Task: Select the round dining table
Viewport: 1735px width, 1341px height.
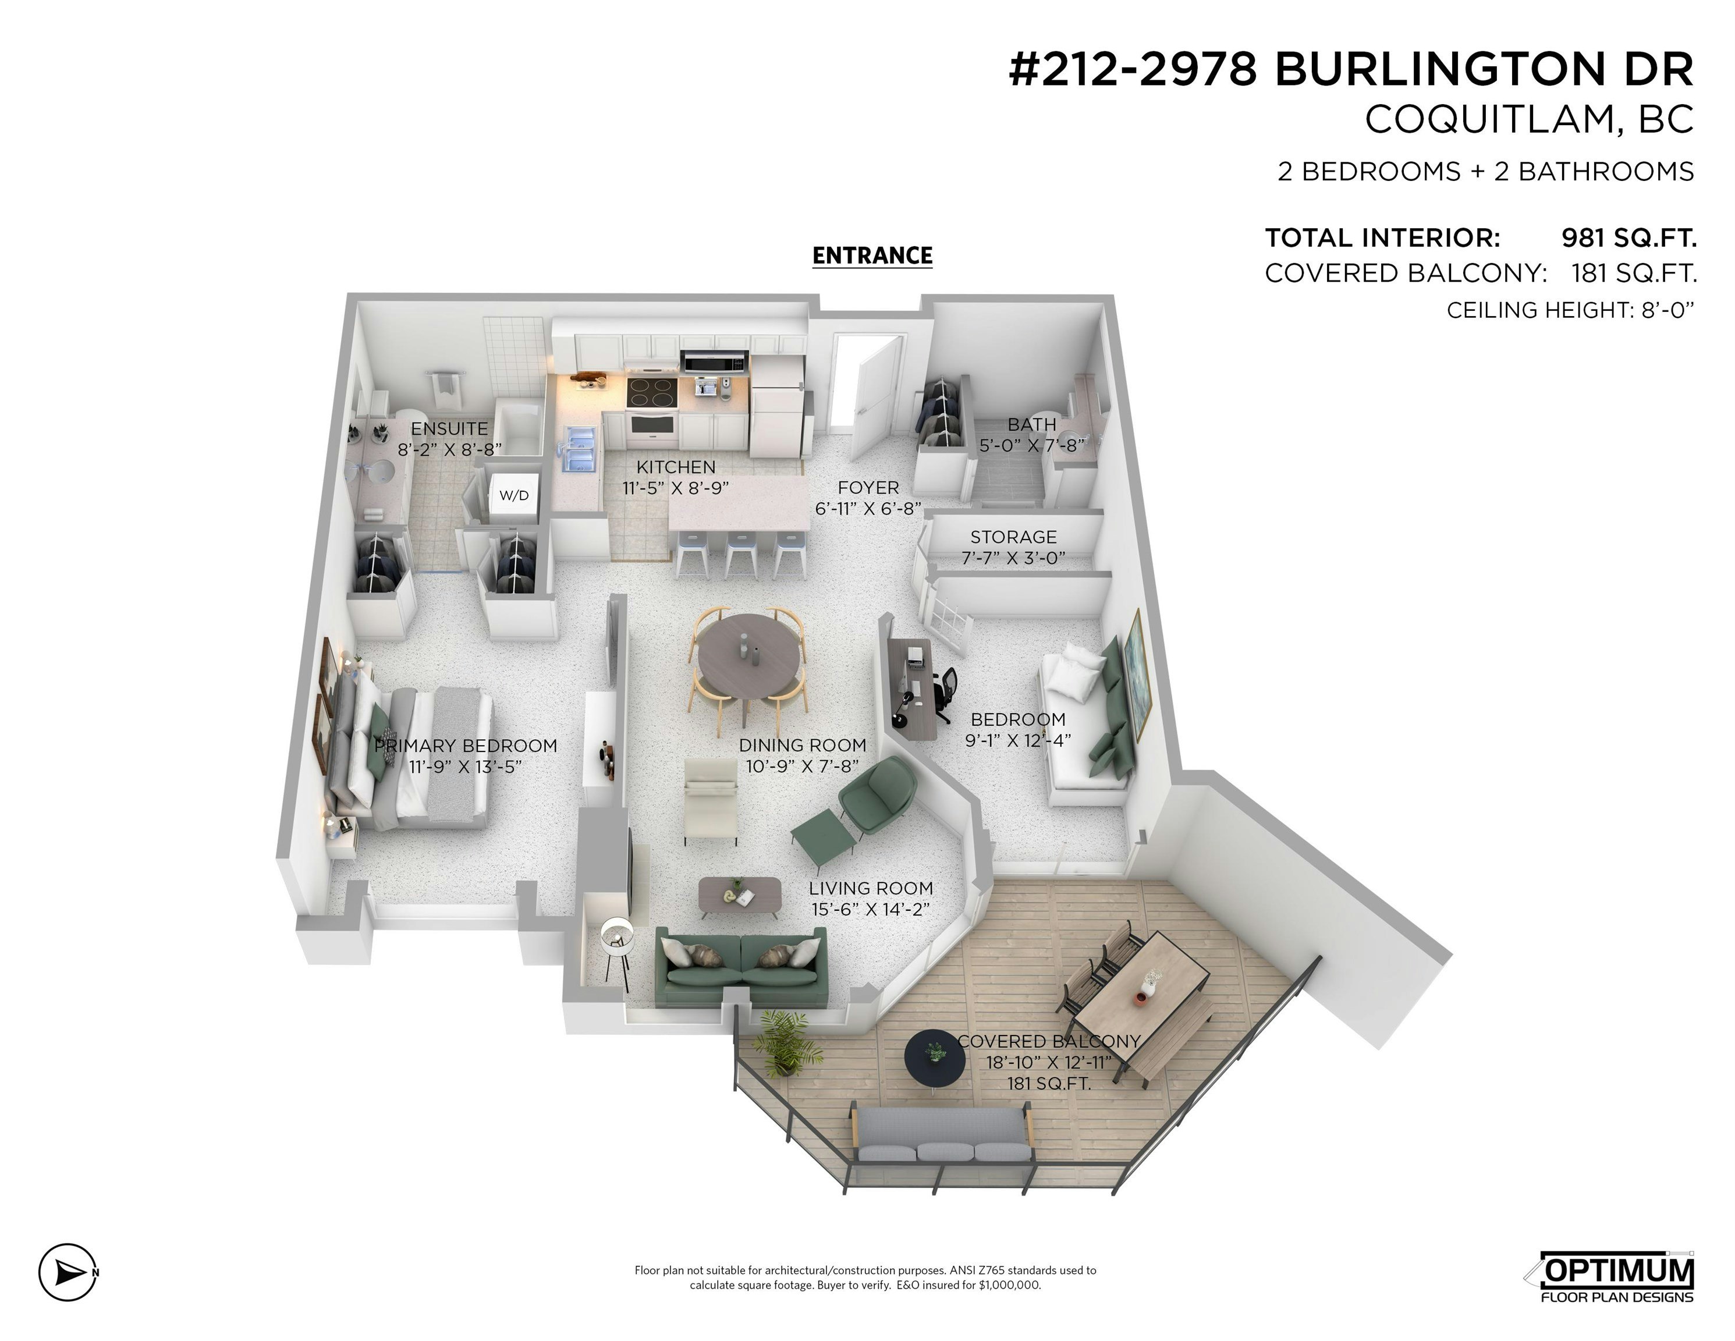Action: pyautogui.click(x=750, y=655)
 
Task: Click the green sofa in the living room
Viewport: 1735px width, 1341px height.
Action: pyautogui.click(x=741, y=967)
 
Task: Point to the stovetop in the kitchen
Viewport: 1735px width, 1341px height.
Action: pyautogui.click(x=651, y=392)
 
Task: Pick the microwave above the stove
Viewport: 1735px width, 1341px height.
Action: pyautogui.click(x=715, y=361)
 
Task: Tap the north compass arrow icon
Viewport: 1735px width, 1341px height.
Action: pyautogui.click(x=68, y=1273)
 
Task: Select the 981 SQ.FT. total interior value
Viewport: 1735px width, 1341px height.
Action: pyautogui.click(x=1628, y=237)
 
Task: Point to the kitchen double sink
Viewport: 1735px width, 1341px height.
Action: pyautogui.click(x=579, y=447)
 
